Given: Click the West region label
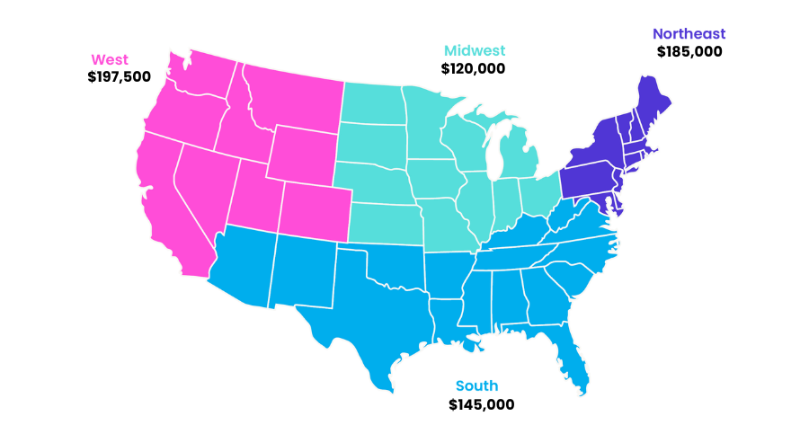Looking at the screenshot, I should coord(110,60).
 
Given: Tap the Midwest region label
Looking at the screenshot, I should coord(475,50).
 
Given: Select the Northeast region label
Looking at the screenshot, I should coord(689,34).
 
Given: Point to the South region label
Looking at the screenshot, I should coord(476,386).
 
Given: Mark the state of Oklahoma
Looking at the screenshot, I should coord(396,261).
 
